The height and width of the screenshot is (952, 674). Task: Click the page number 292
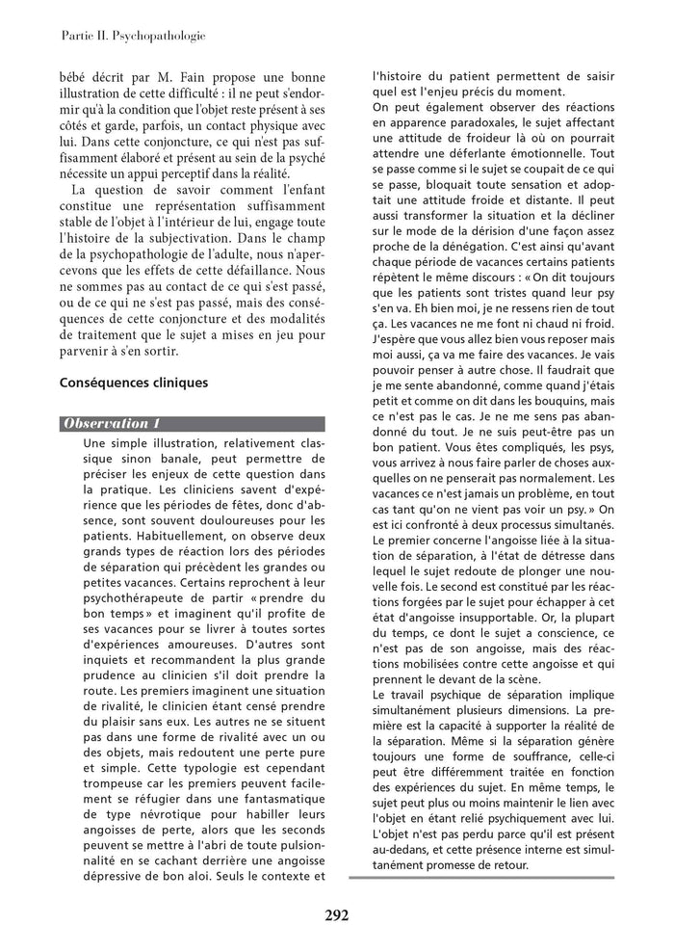tap(335, 915)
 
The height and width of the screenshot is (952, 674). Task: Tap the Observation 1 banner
tap(193, 424)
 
